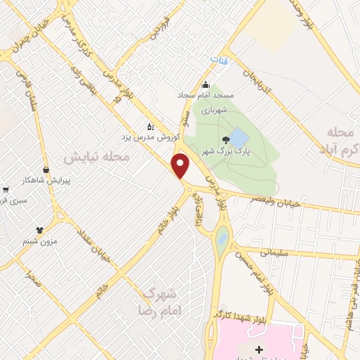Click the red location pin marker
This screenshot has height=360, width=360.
click(181, 165)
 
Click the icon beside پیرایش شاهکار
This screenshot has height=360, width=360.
click(46, 169)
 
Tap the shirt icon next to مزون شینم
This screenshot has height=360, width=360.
click(39, 229)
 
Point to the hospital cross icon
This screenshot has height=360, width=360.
click(259, 349)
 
